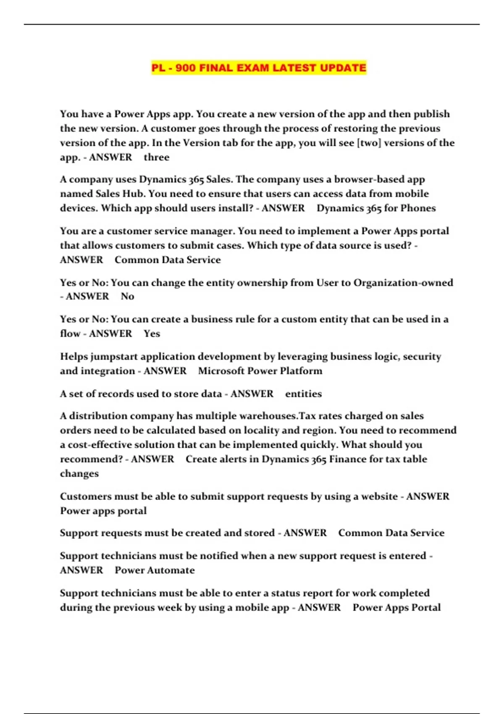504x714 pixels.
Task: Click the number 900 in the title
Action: click(185, 68)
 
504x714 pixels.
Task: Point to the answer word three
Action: click(156, 157)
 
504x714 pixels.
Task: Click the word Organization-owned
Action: click(403, 283)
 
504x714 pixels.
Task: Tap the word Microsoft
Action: click(221, 371)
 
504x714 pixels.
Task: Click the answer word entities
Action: click(303, 394)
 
